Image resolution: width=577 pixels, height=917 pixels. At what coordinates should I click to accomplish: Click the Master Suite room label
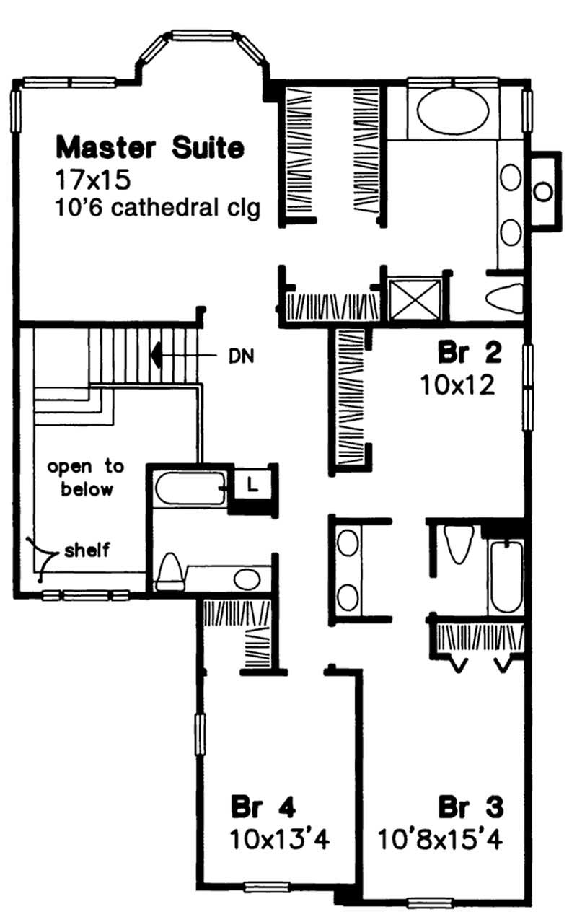pyautogui.click(x=150, y=148)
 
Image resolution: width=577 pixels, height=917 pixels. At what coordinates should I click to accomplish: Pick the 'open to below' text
pyautogui.click(x=85, y=478)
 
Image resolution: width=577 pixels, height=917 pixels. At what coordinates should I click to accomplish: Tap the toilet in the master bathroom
pyautogui.click(x=503, y=297)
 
